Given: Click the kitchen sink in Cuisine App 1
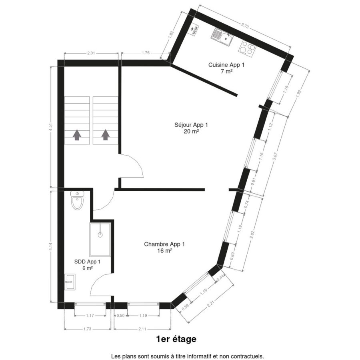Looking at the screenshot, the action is [222, 37].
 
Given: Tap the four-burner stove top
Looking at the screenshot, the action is [247, 49].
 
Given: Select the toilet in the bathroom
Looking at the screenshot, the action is [77, 200].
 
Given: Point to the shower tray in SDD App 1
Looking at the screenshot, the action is [100, 239].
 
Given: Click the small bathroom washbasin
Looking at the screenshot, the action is [70, 282].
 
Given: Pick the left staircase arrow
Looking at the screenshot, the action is [77, 135].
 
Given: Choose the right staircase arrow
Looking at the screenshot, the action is [105, 135].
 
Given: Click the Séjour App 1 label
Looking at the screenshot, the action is [191, 125].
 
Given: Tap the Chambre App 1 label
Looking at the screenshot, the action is [164, 244].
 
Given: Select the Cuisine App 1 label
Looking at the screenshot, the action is [226, 65].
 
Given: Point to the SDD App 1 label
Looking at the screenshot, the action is [87, 262].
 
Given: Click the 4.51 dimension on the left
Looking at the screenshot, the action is [51, 127].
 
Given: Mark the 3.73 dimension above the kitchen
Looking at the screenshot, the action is [245, 26].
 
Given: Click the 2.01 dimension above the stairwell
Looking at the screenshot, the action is [91, 53].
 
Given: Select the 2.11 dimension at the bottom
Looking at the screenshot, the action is [142, 329].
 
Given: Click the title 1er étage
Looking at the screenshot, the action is [176, 339].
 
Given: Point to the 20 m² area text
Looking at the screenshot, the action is [191, 131].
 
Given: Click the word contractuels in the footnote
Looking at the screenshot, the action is [249, 356].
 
